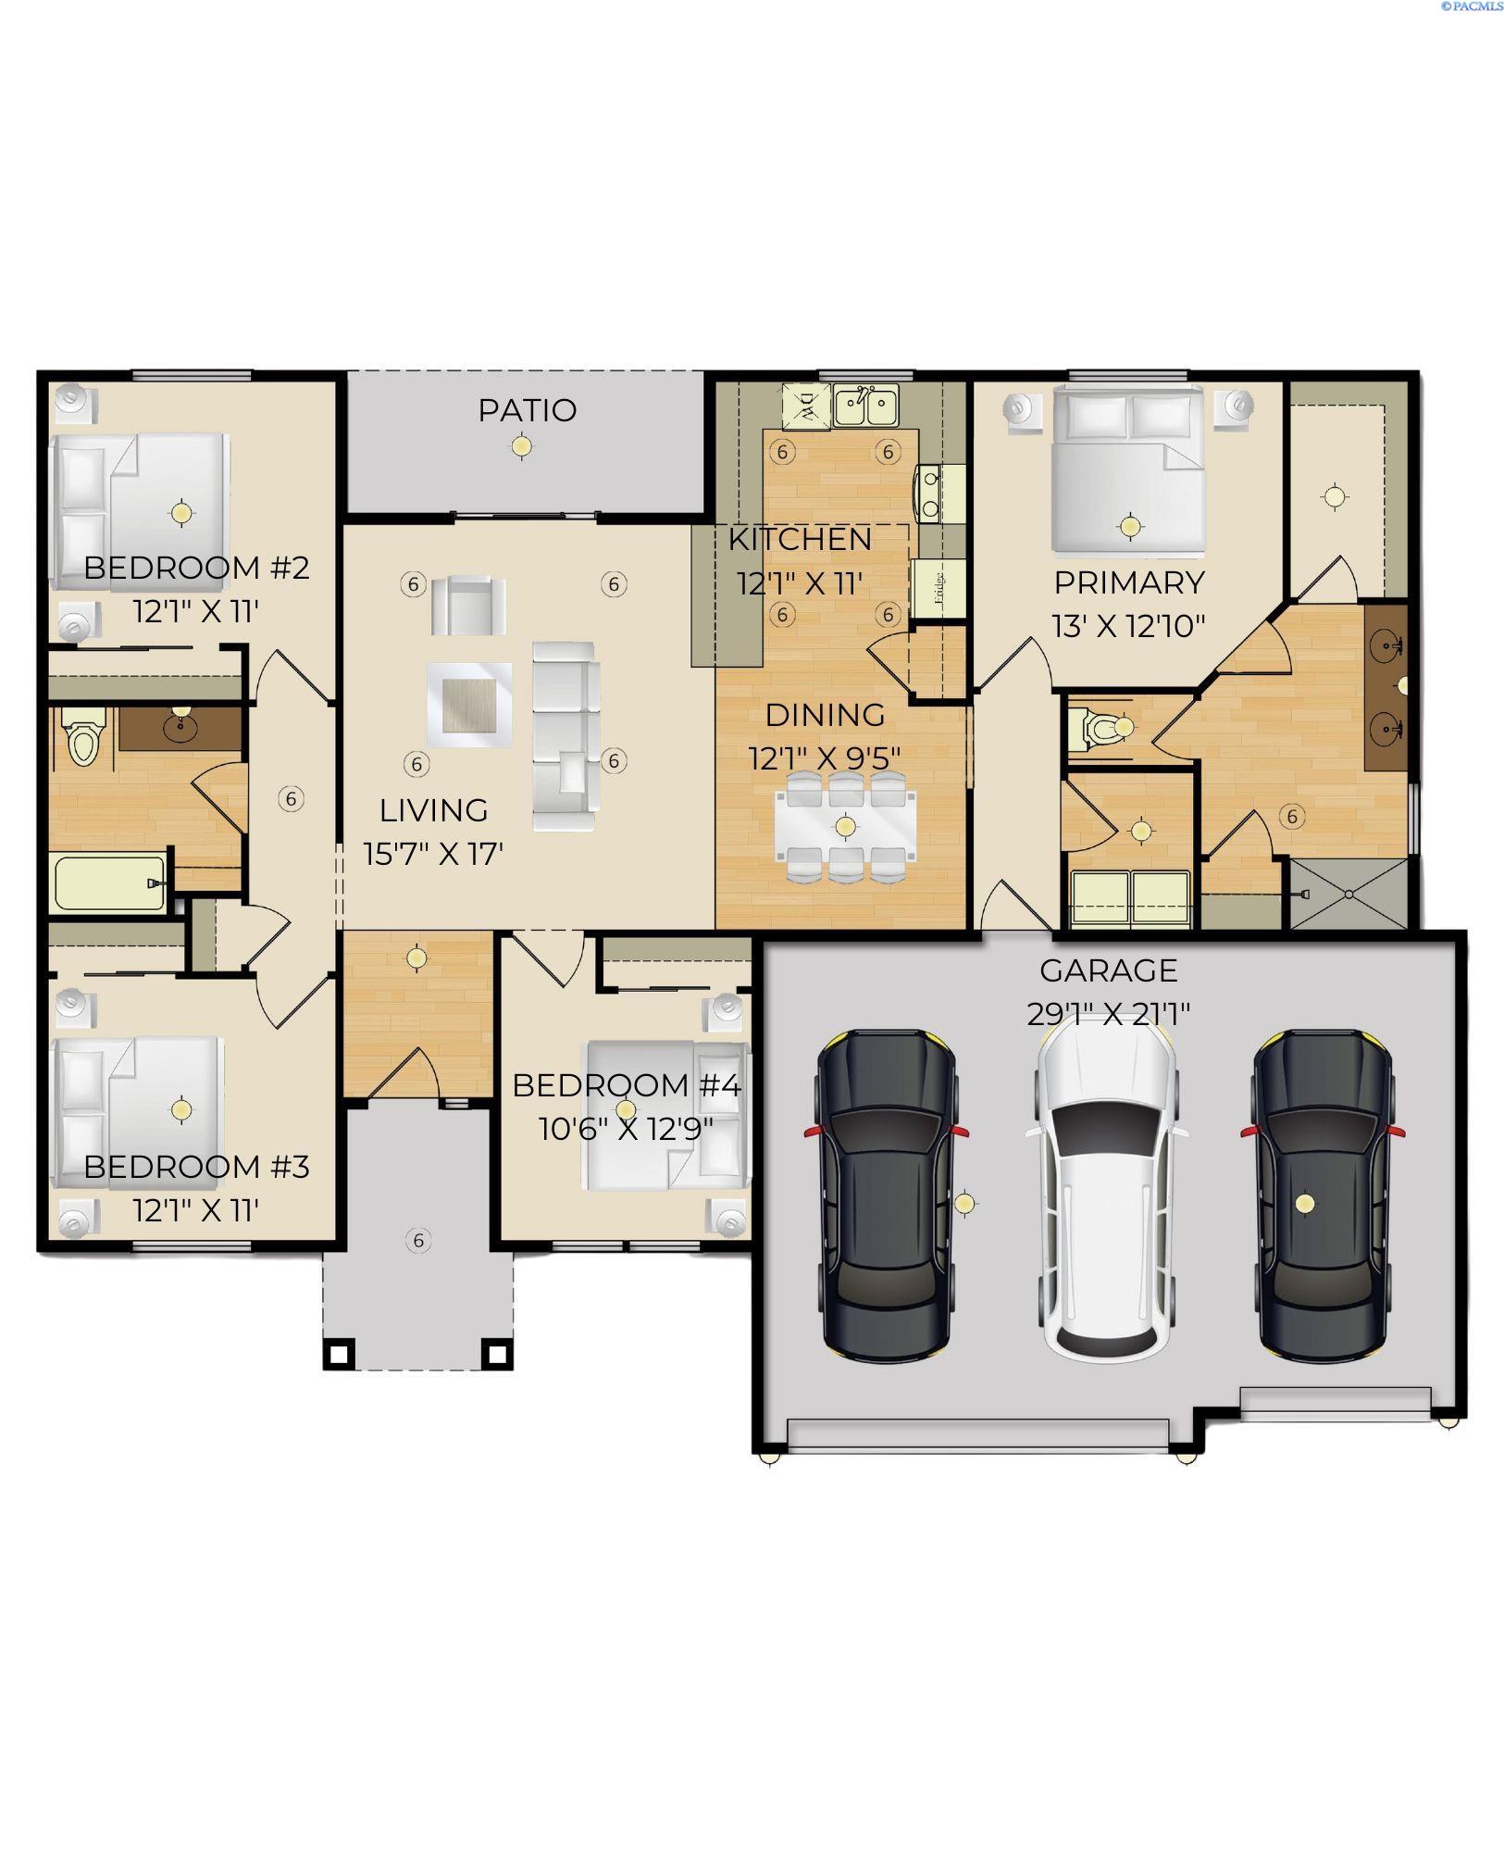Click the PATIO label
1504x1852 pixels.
527,409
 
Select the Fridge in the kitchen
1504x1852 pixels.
938,588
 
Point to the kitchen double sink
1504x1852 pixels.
866,405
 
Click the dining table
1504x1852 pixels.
844,826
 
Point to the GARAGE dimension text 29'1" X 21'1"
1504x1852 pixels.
1108,1014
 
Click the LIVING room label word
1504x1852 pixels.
433,810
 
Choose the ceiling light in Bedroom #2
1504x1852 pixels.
181,511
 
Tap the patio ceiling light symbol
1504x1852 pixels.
522,446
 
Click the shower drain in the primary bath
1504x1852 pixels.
1349,894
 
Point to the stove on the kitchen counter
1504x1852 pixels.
928,493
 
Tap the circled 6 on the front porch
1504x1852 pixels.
418,1240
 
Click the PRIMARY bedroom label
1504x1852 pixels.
1129,582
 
